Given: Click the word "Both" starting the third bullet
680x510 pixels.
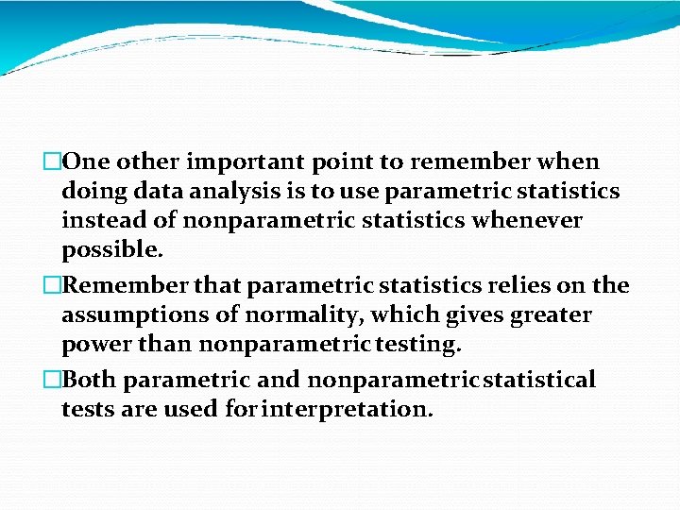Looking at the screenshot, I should (93, 380).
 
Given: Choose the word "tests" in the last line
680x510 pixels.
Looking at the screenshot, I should (88, 410).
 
